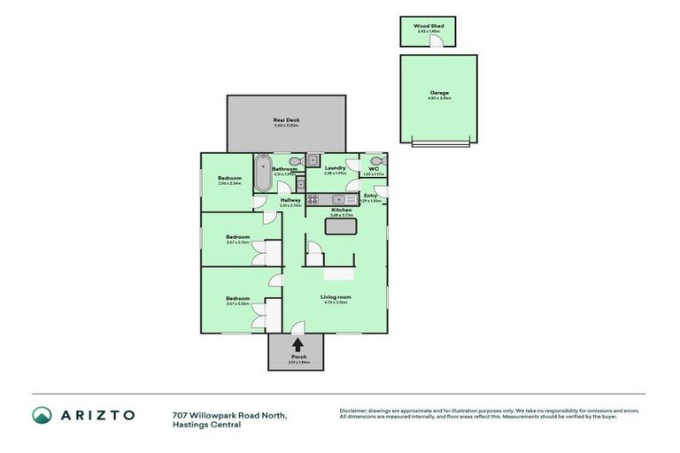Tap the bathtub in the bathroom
262,173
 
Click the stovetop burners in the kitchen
314,200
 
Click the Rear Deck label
285,121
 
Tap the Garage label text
439,93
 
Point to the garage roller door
439,142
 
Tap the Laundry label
334,167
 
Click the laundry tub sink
313,160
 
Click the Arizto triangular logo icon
42,414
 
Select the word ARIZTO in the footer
98,414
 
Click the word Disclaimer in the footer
354,411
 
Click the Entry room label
371,196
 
